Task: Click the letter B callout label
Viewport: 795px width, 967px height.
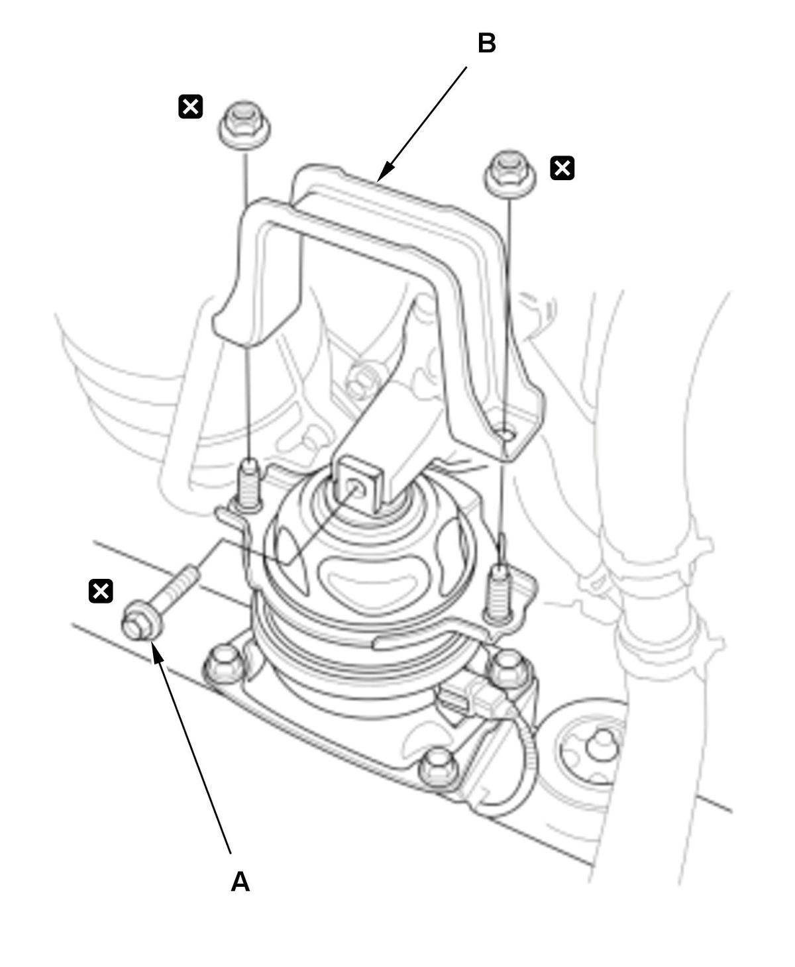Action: click(x=486, y=44)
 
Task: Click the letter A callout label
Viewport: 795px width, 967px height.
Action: click(x=240, y=882)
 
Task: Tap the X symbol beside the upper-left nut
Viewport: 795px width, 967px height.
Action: click(x=191, y=106)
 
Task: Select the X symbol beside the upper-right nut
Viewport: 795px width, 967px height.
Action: click(x=562, y=168)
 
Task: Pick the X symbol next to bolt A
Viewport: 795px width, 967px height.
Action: click(x=101, y=591)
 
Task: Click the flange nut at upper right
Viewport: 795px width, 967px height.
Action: click(x=509, y=172)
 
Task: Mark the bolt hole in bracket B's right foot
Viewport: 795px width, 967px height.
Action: click(x=506, y=434)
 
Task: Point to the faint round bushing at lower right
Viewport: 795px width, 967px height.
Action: click(x=596, y=745)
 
